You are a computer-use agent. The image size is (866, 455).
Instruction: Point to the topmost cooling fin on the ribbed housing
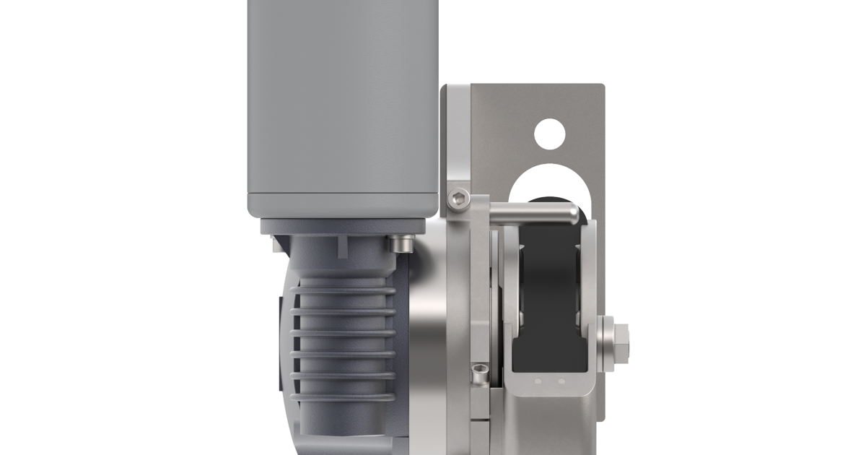point(343,292)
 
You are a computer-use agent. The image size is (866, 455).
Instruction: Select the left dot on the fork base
point(537,381)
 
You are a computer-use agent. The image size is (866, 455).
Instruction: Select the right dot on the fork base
point(561,381)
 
